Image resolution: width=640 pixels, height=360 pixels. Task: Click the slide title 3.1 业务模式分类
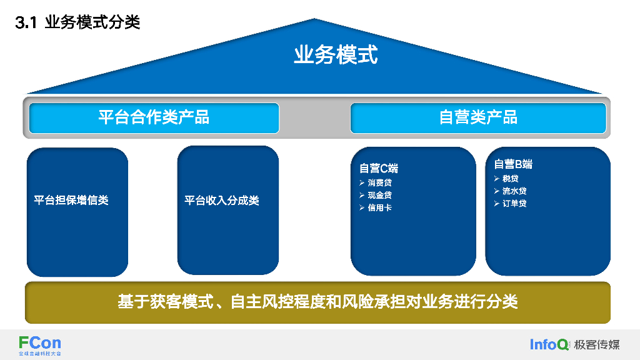tap(77, 23)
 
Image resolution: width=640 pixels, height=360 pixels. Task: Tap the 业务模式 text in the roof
tap(336, 55)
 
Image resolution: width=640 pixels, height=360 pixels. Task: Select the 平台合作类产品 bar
tap(154, 117)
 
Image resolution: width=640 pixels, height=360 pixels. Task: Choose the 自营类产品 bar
tap(478, 117)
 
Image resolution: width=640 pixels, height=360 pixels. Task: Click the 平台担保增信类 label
tap(71, 201)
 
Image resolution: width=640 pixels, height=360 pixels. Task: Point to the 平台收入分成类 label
tap(222, 201)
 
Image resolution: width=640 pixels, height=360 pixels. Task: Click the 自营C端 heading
tap(379, 168)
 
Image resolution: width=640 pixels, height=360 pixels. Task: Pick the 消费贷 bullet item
tap(380, 183)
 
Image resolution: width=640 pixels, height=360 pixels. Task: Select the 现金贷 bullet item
tap(380, 196)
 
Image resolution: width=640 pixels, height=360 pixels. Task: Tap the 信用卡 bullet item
tap(380, 207)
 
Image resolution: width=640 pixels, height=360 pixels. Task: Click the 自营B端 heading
tap(513, 164)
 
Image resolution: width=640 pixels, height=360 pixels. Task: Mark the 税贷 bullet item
tap(511, 179)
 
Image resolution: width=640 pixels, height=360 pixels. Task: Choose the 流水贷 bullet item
tap(514, 191)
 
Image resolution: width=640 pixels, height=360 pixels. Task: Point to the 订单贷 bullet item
tap(514, 204)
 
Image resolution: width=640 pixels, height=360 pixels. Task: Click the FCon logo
tap(40, 344)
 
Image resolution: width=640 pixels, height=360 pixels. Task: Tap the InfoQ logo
tap(549, 344)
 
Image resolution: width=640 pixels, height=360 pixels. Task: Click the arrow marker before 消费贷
tap(362, 183)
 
